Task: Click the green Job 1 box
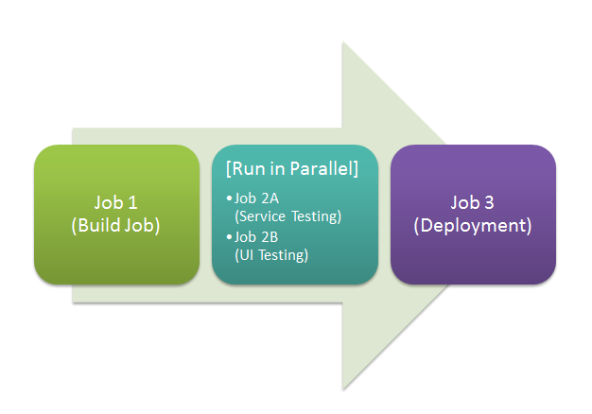(116, 215)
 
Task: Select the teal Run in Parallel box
(295, 215)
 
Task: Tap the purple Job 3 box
(473, 215)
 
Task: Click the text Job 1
(115, 202)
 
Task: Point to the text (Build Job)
(115, 225)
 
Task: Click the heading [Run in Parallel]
(292, 168)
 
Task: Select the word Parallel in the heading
(322, 168)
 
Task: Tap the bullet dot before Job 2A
(229, 198)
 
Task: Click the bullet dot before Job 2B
(229, 237)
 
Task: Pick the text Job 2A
(256, 198)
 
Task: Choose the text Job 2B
(256, 237)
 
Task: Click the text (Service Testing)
(288, 216)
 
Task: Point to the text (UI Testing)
(271, 255)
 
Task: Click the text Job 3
(472, 202)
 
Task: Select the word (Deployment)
(473, 225)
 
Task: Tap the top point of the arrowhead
(343, 42)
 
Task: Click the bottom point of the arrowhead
(343, 389)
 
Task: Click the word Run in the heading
(243, 168)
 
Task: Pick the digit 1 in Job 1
(132, 203)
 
